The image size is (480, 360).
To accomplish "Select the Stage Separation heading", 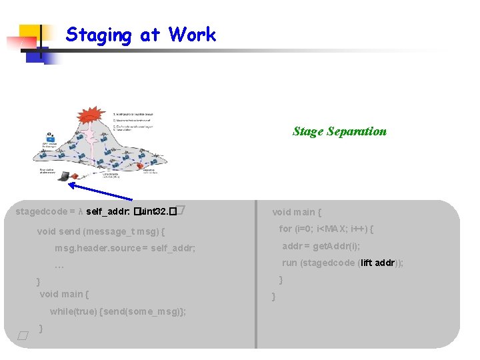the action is click(339, 131).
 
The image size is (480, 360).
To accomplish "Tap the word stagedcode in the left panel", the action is click(41, 211).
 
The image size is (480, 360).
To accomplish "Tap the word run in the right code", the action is click(289, 263).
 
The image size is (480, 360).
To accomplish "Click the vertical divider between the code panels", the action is click(256, 273).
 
